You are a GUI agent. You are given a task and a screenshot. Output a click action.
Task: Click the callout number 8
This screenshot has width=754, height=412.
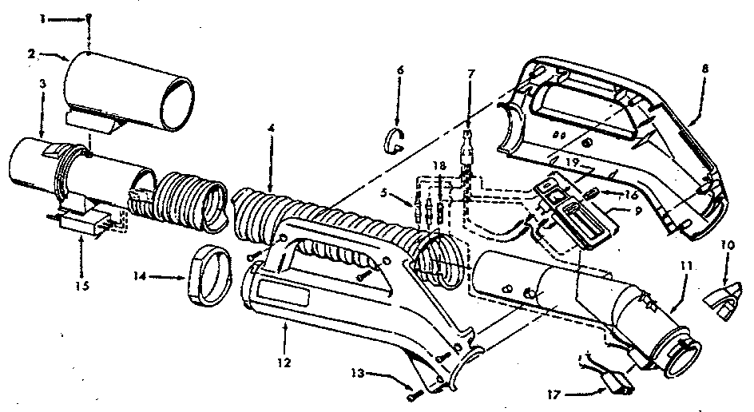coord(704,69)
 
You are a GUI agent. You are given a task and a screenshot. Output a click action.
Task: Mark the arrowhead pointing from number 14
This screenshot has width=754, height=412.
coord(185,278)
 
